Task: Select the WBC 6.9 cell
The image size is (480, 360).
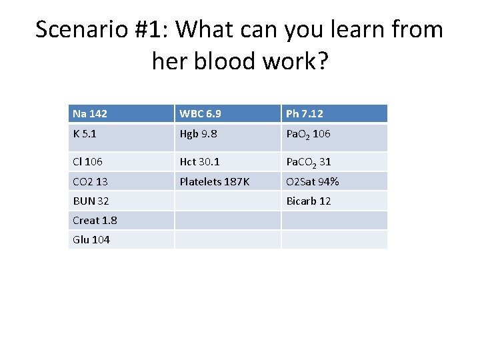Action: [x=199, y=114]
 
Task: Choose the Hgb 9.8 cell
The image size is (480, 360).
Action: [x=199, y=134]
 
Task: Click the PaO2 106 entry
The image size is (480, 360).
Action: [x=308, y=135]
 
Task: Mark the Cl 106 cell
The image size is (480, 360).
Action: [x=88, y=162]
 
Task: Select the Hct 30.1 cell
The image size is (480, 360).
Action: [x=199, y=162]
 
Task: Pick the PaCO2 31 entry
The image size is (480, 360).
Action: [x=309, y=162]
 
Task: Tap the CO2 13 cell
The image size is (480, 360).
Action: [x=91, y=181]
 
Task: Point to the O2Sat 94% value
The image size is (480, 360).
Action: [x=312, y=181]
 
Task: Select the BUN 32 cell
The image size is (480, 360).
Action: [x=91, y=201]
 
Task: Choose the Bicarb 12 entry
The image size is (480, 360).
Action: [x=308, y=201]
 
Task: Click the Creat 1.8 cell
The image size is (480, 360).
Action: [x=95, y=220]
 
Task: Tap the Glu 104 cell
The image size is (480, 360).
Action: [x=91, y=239]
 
